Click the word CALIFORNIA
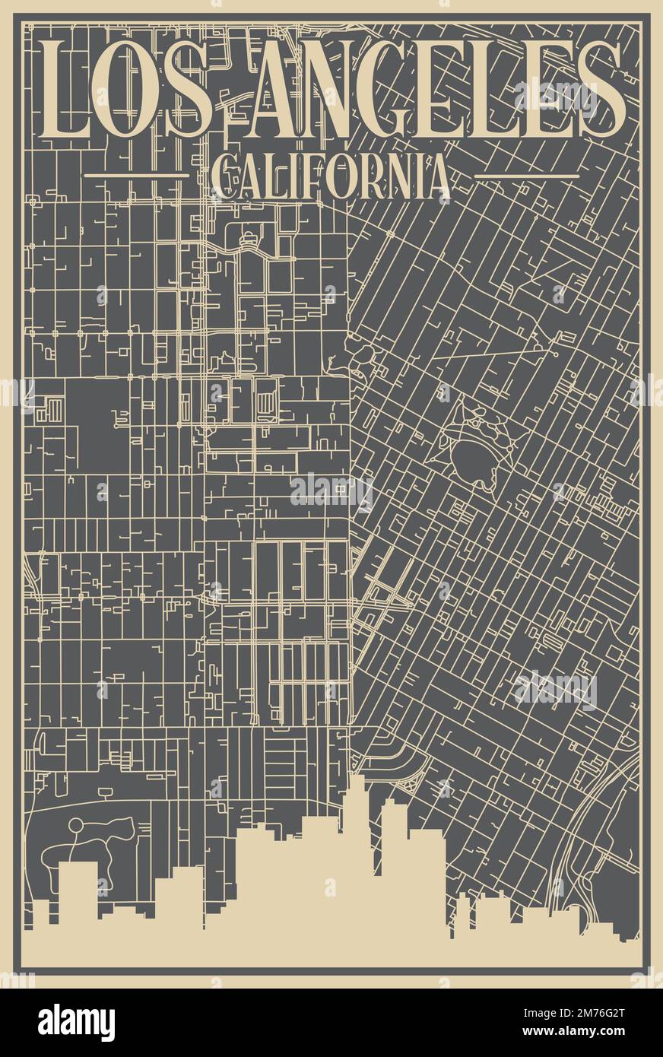pos(330,176)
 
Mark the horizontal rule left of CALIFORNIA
pos(136,175)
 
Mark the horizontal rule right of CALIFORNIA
pos(526,176)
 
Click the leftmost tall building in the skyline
pos(78,890)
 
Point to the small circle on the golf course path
pos(75,824)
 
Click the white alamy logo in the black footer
pos(76,1023)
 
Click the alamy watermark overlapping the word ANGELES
pos(556,97)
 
